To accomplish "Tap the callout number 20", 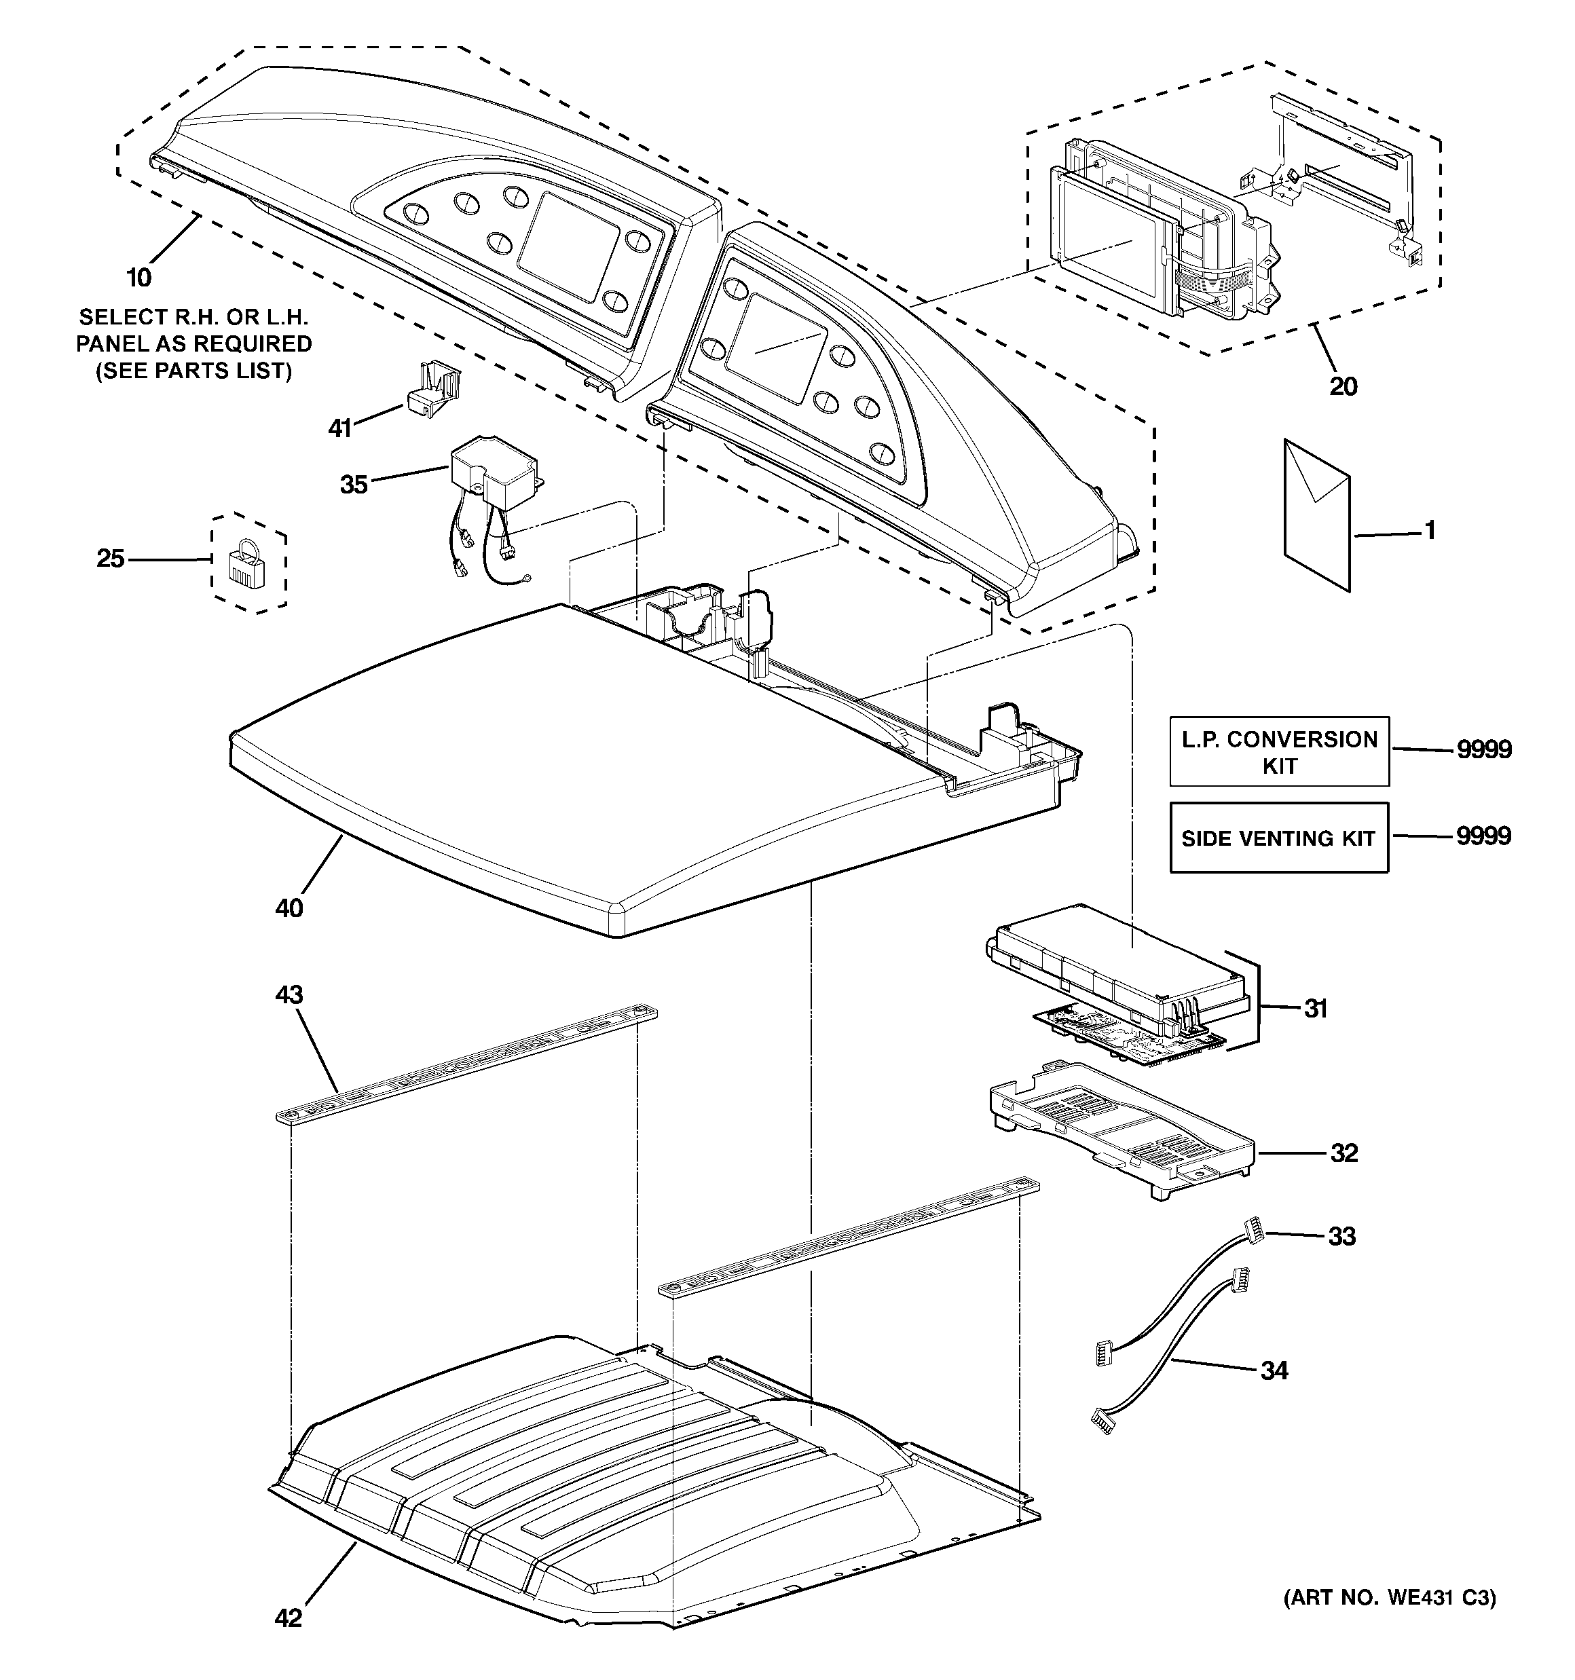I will (x=1343, y=386).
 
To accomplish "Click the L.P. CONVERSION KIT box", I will (x=1278, y=752).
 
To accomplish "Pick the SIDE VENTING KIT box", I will (x=1278, y=838).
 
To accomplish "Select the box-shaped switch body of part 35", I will (x=494, y=473).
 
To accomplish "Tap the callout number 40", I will (x=289, y=908).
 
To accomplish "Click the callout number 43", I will (x=289, y=994).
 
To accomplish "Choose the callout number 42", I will (x=289, y=1618).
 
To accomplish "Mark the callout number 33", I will (x=1341, y=1236).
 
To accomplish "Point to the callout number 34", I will (x=1274, y=1370).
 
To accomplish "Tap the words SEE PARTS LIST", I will (x=193, y=371).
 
